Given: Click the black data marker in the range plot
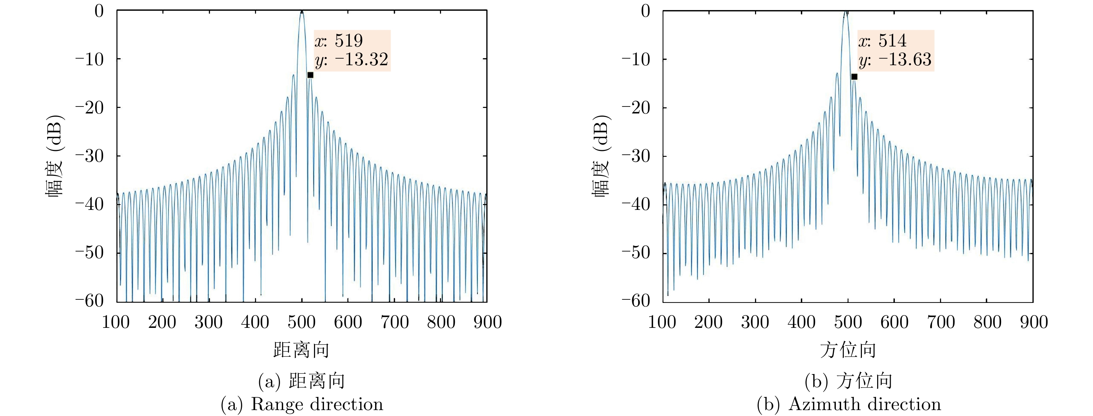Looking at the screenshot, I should pyautogui.click(x=310, y=75).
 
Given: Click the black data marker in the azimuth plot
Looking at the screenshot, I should pyautogui.click(x=854, y=77).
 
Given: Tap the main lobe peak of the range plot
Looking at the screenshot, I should pyautogui.click(x=301, y=12).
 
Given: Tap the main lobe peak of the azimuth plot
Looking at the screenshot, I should pyautogui.click(x=846, y=12).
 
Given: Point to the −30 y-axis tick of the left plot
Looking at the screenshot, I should pyautogui.click(x=90, y=156).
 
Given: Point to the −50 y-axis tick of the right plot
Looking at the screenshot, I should pyautogui.click(x=636, y=253).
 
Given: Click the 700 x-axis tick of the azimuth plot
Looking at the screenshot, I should pyautogui.click(x=941, y=322).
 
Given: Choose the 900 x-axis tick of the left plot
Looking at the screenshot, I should pyautogui.click(x=488, y=322).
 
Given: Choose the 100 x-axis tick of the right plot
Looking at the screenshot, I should pyautogui.click(x=662, y=322).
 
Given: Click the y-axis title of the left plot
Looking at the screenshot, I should pyautogui.click(x=55, y=156).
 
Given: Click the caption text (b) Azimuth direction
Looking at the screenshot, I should pyautogui.click(x=849, y=404).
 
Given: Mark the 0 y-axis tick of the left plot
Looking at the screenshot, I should pyautogui.click(x=99, y=11).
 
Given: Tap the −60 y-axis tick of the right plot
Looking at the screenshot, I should pyautogui.click(x=636, y=301).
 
